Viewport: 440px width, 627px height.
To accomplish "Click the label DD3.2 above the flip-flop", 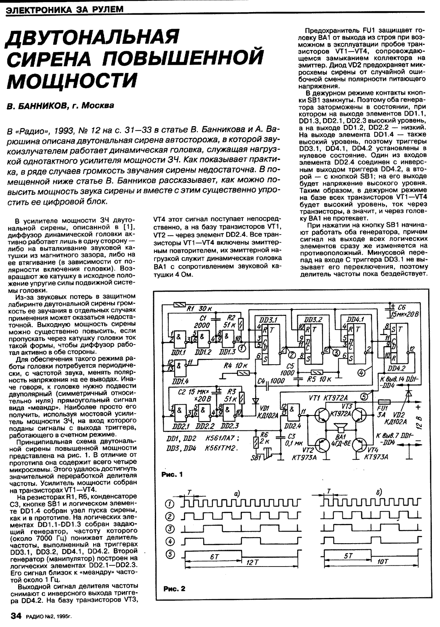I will (x=313, y=319).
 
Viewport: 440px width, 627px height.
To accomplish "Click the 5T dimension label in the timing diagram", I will (x=349, y=555).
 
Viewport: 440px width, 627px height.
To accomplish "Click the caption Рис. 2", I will (x=174, y=589).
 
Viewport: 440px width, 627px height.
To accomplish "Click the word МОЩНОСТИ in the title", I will (x=73, y=80).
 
